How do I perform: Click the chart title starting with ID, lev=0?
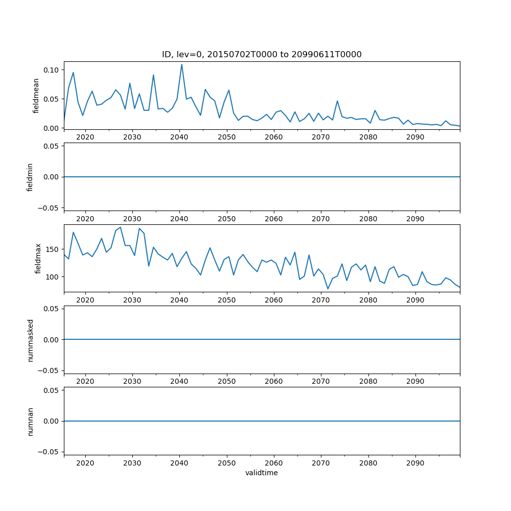262,55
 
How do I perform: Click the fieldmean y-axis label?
36,95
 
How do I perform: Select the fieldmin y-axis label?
30,177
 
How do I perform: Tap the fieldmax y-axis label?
38,259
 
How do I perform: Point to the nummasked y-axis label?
30,340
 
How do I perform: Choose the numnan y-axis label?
30,421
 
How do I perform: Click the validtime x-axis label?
262,473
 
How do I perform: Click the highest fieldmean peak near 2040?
181,64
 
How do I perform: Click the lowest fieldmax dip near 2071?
328,289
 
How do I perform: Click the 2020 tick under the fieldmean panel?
85,137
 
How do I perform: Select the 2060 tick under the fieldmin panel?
274,218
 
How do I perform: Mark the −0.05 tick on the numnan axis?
50,452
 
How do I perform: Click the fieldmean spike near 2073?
337,101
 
